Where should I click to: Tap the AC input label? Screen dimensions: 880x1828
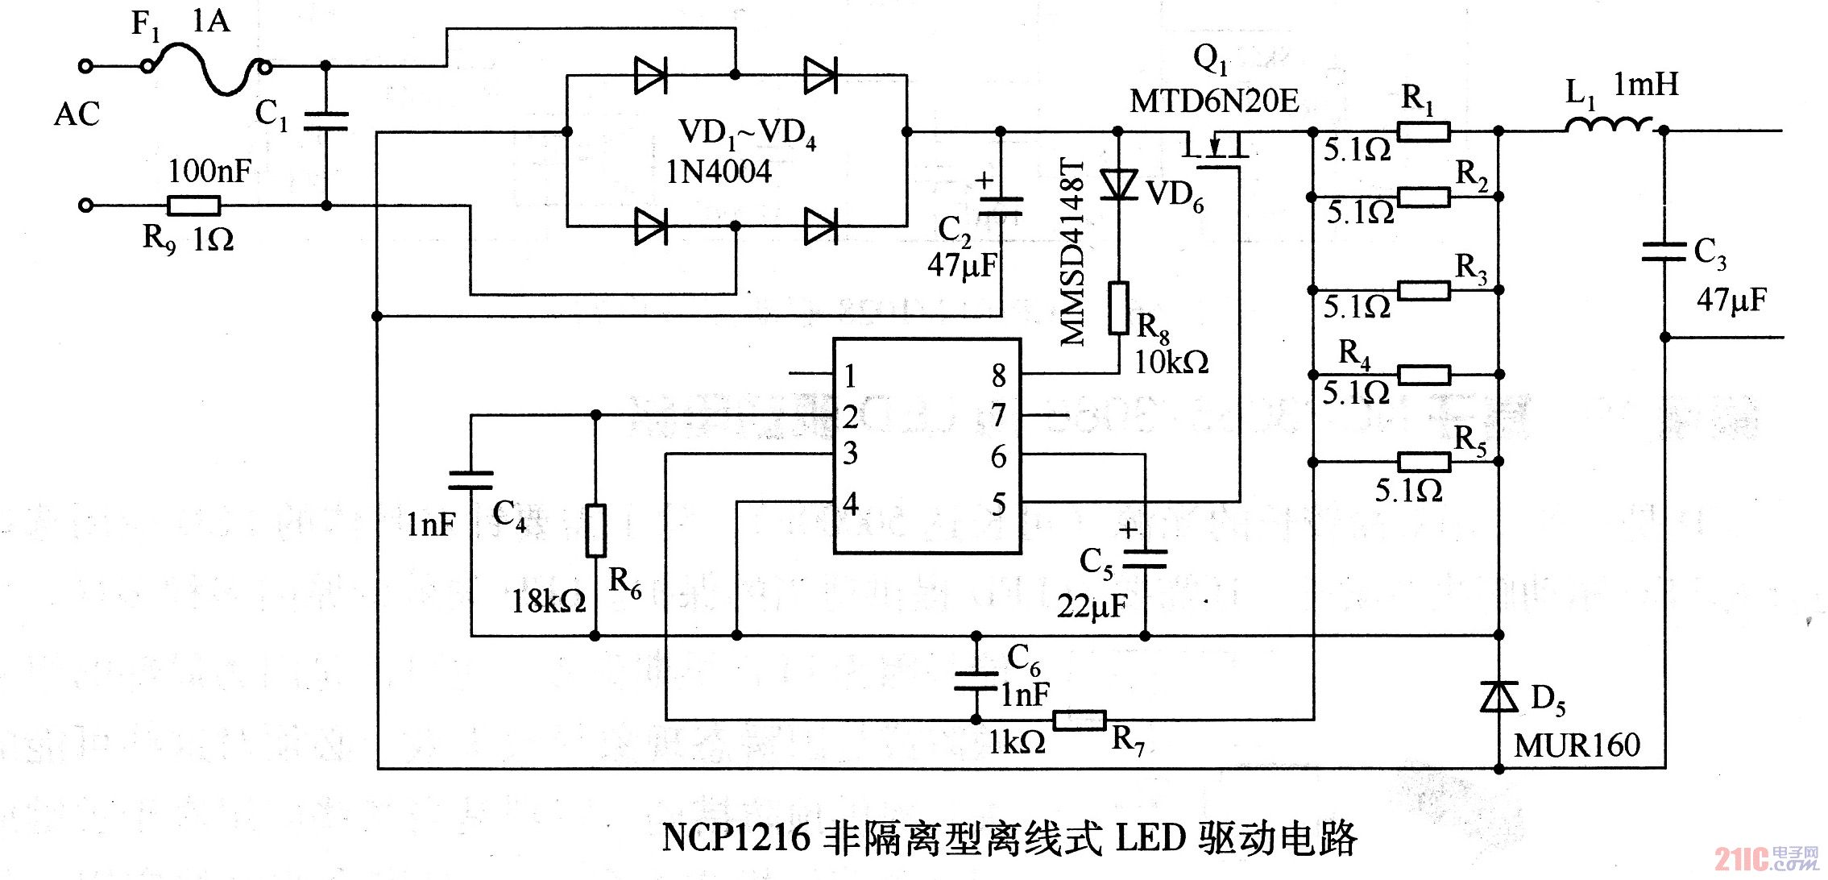tap(77, 114)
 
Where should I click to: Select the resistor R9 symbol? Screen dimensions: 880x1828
tap(193, 205)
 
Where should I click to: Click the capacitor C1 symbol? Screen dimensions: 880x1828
tap(326, 122)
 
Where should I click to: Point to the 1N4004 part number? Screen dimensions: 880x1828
tap(718, 172)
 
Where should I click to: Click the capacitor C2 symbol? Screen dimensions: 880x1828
tap(1000, 206)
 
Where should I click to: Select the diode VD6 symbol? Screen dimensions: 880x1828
tap(1118, 185)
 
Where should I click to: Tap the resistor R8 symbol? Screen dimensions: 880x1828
tap(1118, 307)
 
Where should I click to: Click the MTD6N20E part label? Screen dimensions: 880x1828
tap(1213, 102)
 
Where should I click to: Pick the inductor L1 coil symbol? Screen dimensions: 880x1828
tap(1608, 126)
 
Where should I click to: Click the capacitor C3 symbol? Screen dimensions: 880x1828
tap(1664, 251)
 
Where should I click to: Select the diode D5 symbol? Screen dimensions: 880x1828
tap(1498, 696)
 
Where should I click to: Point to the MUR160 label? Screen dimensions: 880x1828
tap(1577, 745)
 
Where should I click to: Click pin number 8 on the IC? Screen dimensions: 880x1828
tap(998, 376)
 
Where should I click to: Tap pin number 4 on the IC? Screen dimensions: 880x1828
tap(851, 504)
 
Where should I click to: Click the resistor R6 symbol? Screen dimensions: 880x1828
tap(595, 530)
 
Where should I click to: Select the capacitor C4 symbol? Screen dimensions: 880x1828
tap(470, 481)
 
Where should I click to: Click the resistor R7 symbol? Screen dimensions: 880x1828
tap(1079, 720)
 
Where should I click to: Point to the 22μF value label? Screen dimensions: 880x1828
tap(1092, 606)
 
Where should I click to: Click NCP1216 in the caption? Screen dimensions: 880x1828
tap(736, 837)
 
